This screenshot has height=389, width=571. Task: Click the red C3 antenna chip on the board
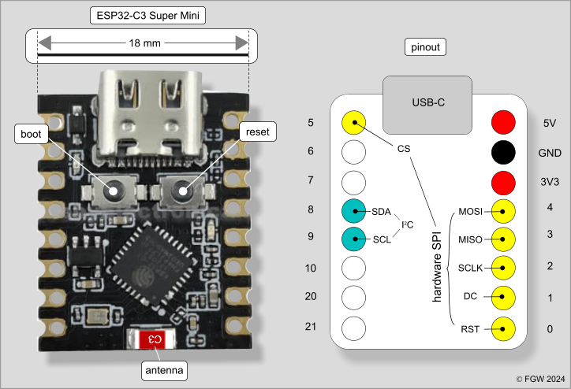pyautogui.click(x=155, y=339)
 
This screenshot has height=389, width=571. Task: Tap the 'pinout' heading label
pyautogui.click(x=426, y=47)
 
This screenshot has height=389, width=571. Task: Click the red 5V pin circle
pyautogui.click(x=503, y=122)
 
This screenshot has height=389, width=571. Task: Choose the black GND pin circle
pyautogui.click(x=503, y=152)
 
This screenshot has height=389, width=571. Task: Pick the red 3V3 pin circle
pyautogui.click(x=503, y=182)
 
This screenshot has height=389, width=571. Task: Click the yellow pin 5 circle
pyautogui.click(x=354, y=122)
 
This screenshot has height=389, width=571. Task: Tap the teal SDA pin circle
pyautogui.click(x=354, y=210)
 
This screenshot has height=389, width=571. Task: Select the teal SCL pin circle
pyautogui.click(x=354, y=239)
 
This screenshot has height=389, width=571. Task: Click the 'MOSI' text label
pyautogui.click(x=471, y=211)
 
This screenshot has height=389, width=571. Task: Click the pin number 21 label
pyautogui.click(x=310, y=326)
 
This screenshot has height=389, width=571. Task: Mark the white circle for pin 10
pyautogui.click(x=354, y=268)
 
